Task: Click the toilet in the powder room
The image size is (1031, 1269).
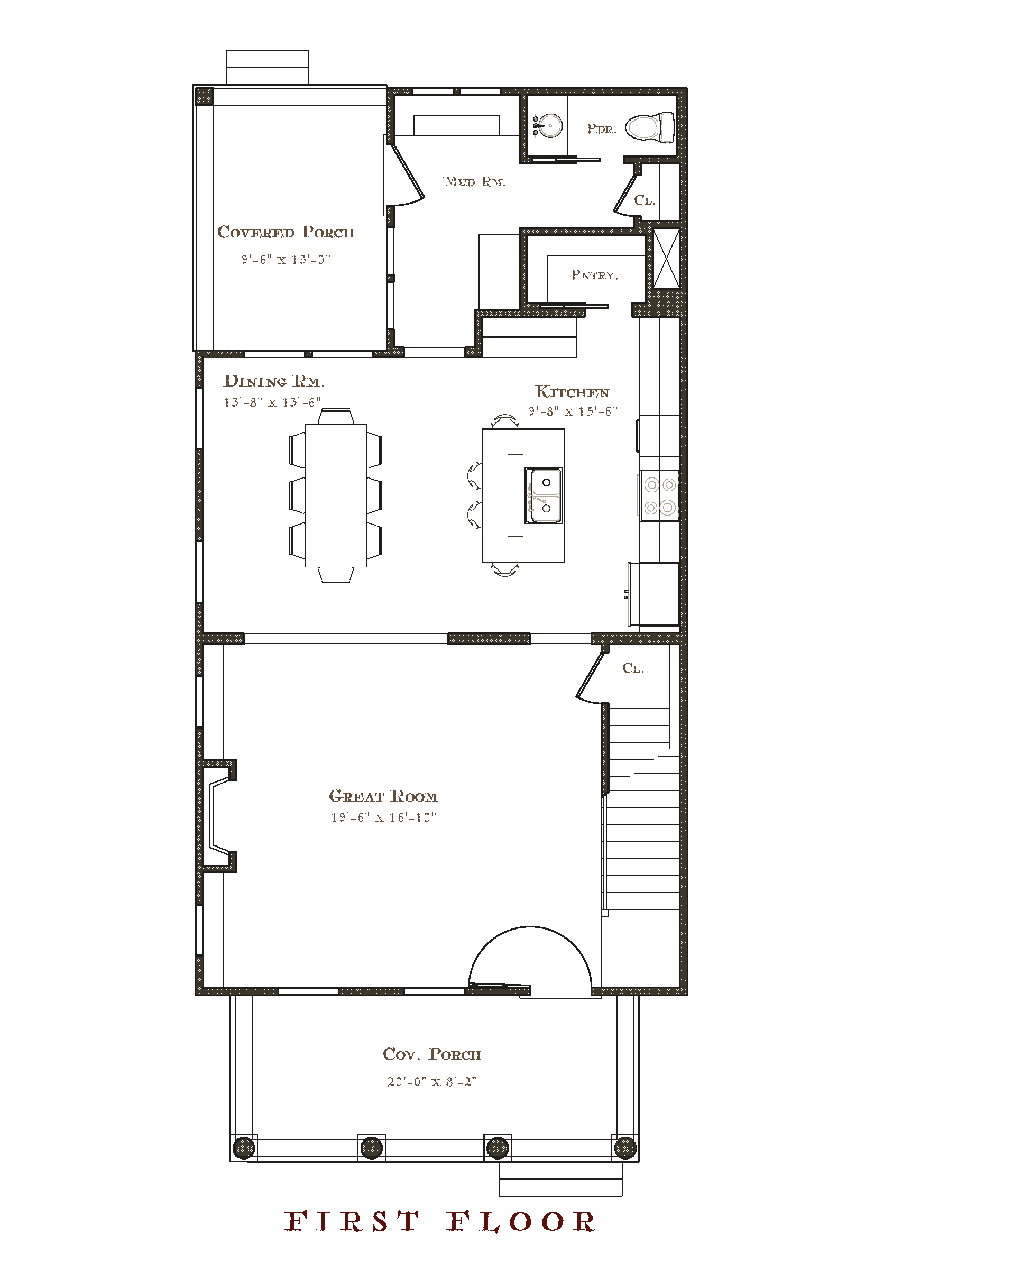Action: coord(650,127)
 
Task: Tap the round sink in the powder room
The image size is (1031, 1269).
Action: coord(547,125)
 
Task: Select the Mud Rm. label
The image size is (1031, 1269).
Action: coord(474,182)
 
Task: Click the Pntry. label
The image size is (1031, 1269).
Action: coord(594,275)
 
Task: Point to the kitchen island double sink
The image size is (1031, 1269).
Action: coord(544,495)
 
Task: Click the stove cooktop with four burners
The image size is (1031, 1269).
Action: coord(660,496)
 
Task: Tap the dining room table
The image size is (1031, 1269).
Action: coord(336,495)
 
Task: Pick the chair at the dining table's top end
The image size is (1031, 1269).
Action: coord(336,416)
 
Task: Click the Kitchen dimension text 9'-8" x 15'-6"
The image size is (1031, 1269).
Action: coord(573,411)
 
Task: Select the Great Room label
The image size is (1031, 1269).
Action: coord(384,796)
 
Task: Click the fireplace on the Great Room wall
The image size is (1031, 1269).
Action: coord(218,816)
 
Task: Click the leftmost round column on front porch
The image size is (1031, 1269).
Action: coord(244,1148)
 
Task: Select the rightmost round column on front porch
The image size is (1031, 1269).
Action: coord(625,1148)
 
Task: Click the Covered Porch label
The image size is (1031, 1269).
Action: coord(286,232)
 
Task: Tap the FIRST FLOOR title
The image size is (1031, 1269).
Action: coord(440,1222)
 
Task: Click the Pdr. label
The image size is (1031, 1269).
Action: coord(601,129)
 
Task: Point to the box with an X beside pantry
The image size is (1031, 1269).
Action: coord(666,259)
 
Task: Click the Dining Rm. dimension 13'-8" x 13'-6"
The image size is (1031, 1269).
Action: coord(272,402)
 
